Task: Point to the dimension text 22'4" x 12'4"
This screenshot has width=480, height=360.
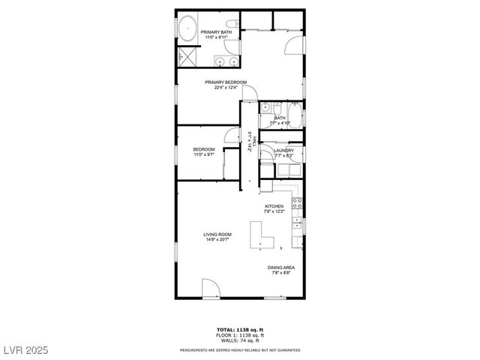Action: click(226, 88)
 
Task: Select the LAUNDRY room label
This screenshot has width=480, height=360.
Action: click(283, 150)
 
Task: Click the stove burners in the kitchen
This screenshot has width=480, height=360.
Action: click(298, 202)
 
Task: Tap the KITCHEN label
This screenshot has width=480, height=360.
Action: click(273, 206)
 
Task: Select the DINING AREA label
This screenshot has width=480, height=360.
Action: click(280, 268)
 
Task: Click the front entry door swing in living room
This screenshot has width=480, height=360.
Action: click(210, 289)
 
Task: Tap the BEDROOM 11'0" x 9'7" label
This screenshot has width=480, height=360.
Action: click(204, 151)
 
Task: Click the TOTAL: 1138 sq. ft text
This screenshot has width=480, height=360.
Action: click(240, 329)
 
